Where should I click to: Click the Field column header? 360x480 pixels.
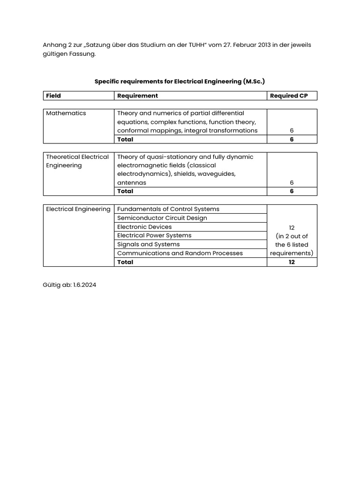pos(53,96)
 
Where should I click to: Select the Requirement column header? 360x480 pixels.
pos(137,96)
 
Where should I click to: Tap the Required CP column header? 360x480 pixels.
pos(289,96)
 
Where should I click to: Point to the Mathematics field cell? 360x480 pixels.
pos(66,113)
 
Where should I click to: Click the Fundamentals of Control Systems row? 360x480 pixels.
pos(168,209)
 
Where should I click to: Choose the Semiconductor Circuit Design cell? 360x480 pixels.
pos(162,218)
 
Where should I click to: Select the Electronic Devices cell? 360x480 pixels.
pos(144,227)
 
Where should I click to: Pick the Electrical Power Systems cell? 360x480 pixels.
pos(154,235)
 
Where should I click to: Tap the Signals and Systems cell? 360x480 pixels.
pos(148,244)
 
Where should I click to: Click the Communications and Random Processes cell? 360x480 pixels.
pos(180,253)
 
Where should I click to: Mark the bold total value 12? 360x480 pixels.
pos(292,262)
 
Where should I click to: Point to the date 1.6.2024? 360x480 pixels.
pos(84,285)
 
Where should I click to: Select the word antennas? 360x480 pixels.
pos(132,182)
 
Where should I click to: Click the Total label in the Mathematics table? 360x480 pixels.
pos(125,139)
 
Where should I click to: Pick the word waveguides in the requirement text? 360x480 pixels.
pos(217,174)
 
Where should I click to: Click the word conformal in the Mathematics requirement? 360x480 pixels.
pos(133,130)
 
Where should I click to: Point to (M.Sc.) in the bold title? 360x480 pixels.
pos(254,82)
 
